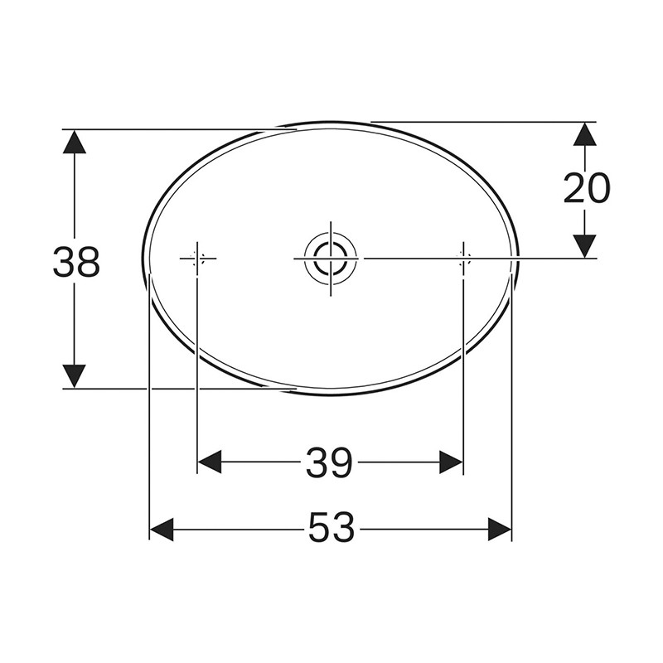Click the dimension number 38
[76, 262]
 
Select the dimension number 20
[586, 189]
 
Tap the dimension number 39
[329, 462]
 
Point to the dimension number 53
[331, 528]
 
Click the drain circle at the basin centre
[330, 258]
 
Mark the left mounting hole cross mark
[197, 259]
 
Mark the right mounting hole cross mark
[463, 259]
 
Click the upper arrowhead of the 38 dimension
[75, 142]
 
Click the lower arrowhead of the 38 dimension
[75, 375]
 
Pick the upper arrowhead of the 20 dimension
[585, 134]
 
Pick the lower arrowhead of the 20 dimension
[585, 245]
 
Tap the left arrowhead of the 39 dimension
[210, 462]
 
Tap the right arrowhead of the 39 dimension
[450, 462]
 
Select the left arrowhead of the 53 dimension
[162, 529]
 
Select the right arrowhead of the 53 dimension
[499, 529]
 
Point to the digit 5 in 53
[320, 528]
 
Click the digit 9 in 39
[341, 462]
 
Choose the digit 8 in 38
[88, 262]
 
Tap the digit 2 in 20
[574, 189]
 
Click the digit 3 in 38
[65, 262]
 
